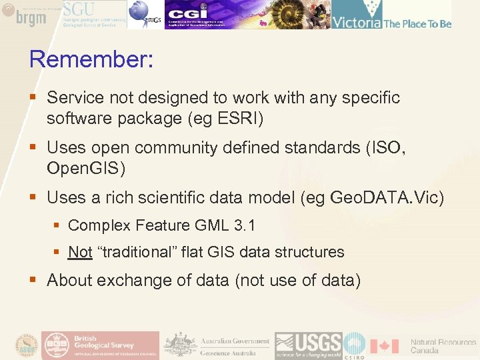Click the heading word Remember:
coord(91,60)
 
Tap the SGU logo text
coord(79,9)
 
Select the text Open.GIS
coord(85,169)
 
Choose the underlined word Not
coord(80,252)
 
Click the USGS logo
coord(309,345)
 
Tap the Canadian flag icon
coord(385,346)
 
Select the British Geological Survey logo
coord(101,345)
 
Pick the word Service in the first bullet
coord(75,98)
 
